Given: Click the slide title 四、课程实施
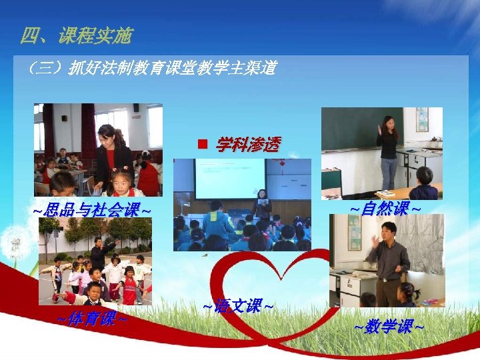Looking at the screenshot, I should (76, 35).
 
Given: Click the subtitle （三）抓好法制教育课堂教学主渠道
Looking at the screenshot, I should (152, 68).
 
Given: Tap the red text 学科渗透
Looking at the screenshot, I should (247, 144).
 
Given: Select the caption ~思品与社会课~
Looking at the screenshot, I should (91, 211).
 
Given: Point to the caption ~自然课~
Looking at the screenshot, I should (385, 209).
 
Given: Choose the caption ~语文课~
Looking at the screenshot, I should (237, 307).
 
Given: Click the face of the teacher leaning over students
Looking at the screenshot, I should (108, 137).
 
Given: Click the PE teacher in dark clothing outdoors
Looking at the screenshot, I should (97, 253).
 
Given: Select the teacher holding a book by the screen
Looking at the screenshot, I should (262, 203).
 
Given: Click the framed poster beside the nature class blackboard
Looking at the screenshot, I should (422, 120).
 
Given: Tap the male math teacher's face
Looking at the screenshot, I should (387, 233).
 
